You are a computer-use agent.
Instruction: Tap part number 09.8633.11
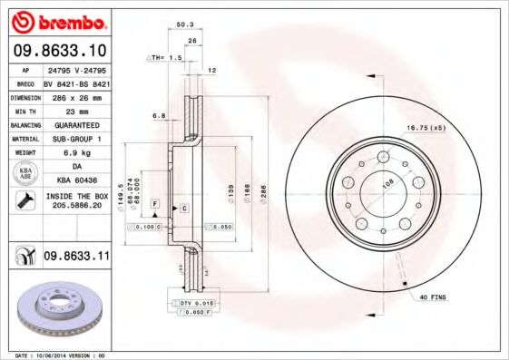[76, 258]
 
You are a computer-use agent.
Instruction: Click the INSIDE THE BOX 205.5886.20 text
[76, 201]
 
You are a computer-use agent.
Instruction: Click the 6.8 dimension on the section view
[157, 115]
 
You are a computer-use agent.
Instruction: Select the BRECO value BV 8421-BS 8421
[76, 83]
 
